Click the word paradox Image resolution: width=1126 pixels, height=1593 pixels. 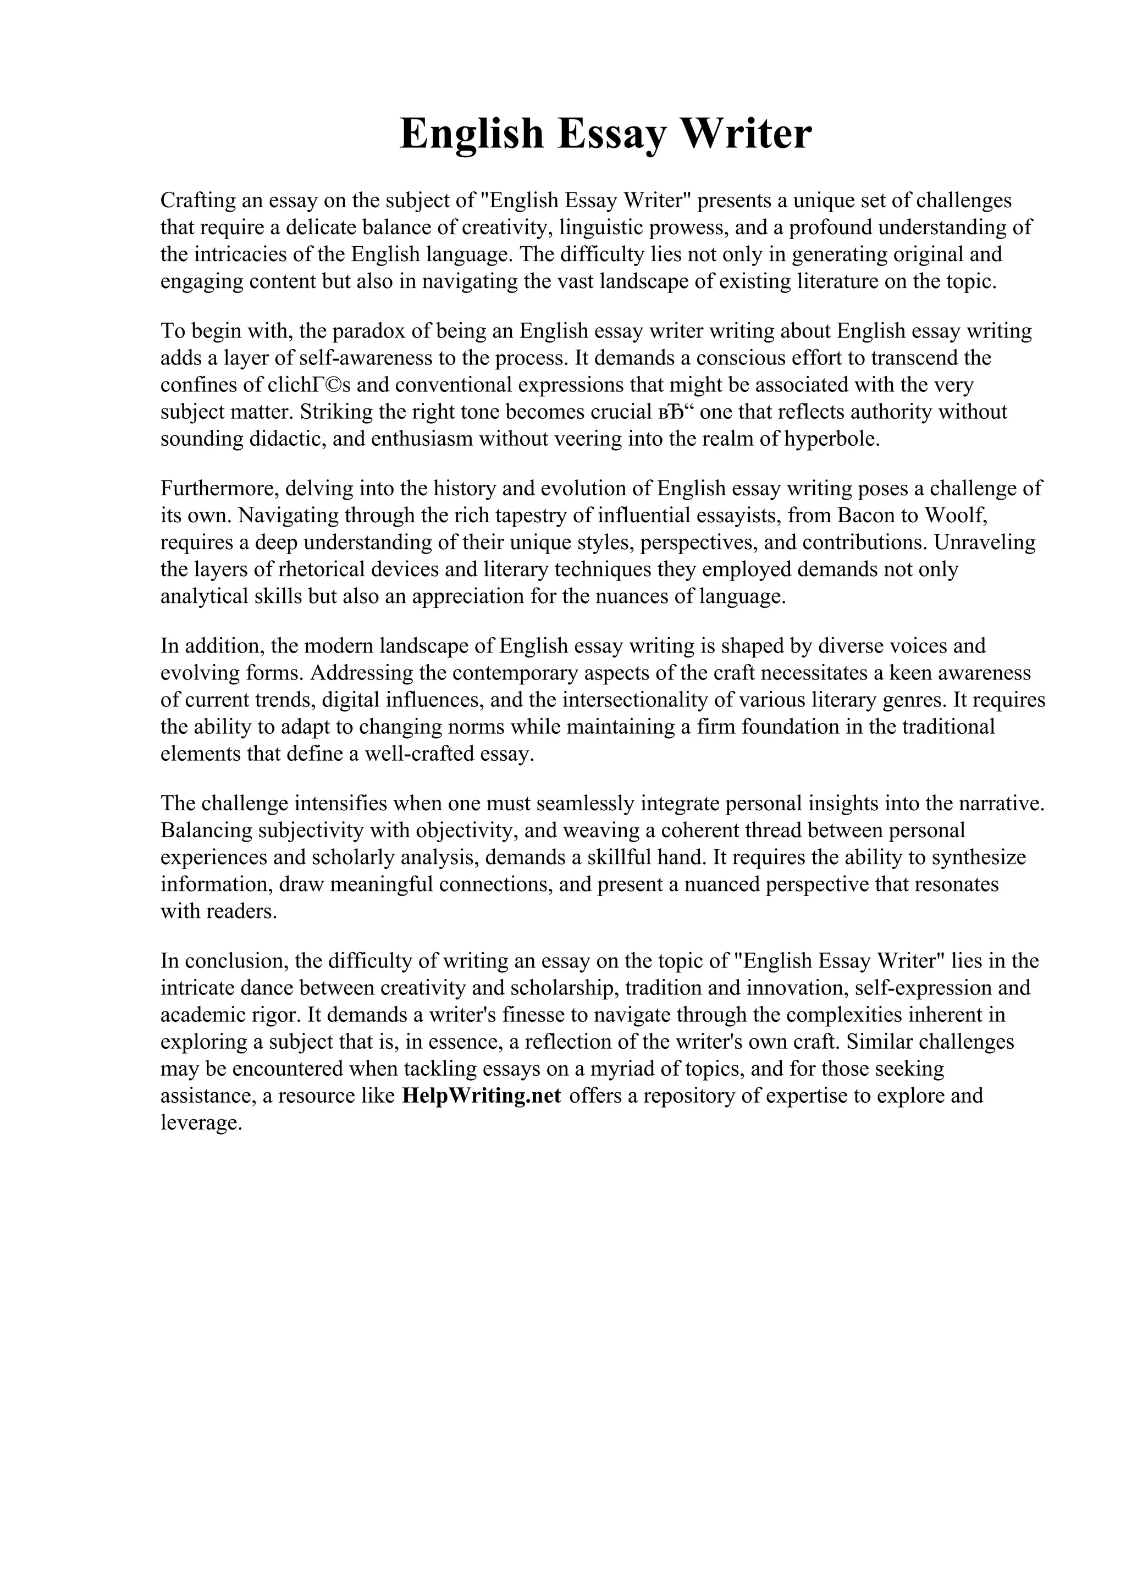(x=368, y=331)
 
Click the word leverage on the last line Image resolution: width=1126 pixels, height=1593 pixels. (x=201, y=1122)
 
